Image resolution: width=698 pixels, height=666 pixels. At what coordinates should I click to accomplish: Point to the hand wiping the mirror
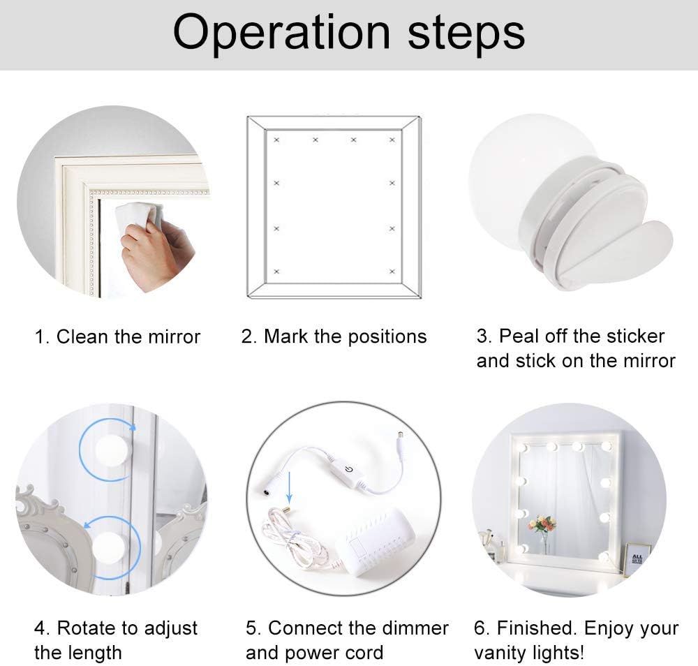156,253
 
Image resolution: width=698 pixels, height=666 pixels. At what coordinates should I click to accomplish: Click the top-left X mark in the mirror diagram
276,140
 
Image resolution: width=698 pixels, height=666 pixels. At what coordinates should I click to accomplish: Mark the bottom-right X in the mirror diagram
392,272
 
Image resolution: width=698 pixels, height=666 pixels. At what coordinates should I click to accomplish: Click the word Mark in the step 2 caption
285,336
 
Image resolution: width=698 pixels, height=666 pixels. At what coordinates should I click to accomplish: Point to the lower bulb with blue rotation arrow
110,546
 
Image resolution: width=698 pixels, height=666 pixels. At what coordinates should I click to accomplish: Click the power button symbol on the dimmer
348,469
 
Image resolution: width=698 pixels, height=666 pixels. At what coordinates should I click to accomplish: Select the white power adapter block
376,541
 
